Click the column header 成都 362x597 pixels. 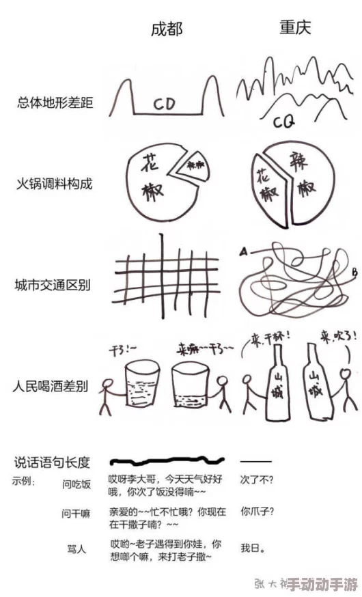167,29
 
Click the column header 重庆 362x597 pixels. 296,28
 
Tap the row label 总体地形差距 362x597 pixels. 55,103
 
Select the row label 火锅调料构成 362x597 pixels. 55,184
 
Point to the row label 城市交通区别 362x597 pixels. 55,284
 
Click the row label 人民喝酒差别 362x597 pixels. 55,387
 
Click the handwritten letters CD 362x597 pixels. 164,105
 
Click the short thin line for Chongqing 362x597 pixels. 256,462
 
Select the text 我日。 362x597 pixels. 253,547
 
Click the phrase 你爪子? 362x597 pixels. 258,510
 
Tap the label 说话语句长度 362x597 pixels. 51,462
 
